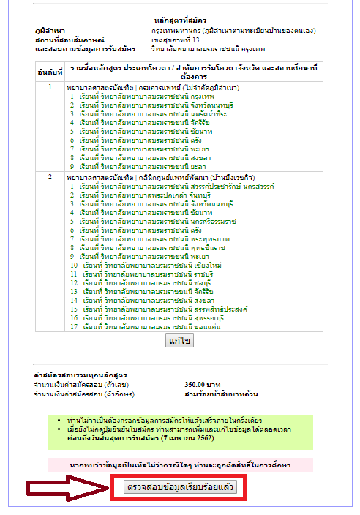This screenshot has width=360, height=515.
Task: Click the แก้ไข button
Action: pyautogui.click(x=179, y=341)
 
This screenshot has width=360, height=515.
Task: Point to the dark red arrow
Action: pyautogui.click(x=67, y=489)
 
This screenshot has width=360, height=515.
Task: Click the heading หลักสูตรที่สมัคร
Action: pyautogui.click(x=180, y=20)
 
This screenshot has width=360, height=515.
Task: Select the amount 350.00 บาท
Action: pyautogui.click(x=203, y=385)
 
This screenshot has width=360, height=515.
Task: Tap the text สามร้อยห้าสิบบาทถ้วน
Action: pyautogui.click(x=221, y=394)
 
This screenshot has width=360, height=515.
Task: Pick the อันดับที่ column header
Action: pyautogui.click(x=50, y=72)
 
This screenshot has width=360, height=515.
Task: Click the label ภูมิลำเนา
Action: pyautogui.click(x=50, y=31)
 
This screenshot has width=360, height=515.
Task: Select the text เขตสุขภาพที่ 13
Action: pyautogui.click(x=176, y=40)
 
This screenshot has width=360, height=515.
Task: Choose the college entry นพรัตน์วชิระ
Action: pyautogui.click(x=153, y=114)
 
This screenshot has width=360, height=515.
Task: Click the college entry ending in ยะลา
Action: pyautogui.click(x=143, y=167)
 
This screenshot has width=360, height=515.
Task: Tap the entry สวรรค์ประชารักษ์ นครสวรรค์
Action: pyautogui.click(x=177, y=187)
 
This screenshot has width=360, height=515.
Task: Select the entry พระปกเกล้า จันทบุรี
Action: pyautogui.click(x=145, y=195)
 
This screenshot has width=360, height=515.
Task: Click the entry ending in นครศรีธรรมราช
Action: pyautogui.click(x=157, y=222)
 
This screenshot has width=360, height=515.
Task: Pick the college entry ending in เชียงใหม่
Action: pyautogui.click(x=152, y=266)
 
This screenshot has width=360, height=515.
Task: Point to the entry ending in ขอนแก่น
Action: pyautogui.click(x=151, y=327)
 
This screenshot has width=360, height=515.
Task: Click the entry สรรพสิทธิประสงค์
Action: pyautogui.click(x=165, y=309)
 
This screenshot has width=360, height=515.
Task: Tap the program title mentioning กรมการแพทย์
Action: pyautogui.click(x=153, y=88)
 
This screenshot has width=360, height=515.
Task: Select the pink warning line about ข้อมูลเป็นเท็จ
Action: pyautogui.click(x=180, y=465)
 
